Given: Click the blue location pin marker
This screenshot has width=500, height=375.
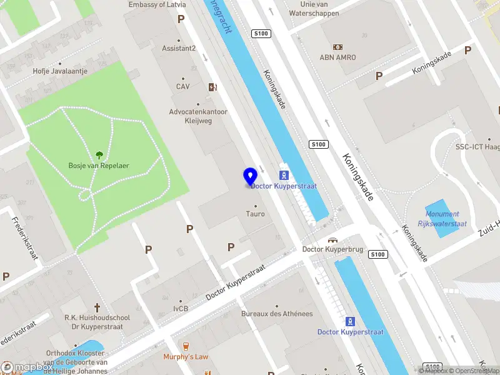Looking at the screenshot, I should [x=250, y=177].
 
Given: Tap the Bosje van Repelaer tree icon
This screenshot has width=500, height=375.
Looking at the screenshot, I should [x=99, y=155].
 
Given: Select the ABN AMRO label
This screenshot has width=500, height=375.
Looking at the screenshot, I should [x=338, y=57].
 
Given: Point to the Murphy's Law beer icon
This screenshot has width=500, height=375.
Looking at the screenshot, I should [x=185, y=346].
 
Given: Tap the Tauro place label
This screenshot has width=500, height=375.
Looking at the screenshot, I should [x=255, y=214].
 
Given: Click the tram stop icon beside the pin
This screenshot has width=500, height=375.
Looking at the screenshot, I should [x=283, y=175].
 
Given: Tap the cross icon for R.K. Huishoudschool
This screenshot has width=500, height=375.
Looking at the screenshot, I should [x=97, y=307].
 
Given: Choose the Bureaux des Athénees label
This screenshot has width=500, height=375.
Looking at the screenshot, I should [x=277, y=313].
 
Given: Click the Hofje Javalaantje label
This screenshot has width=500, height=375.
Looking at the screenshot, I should [x=60, y=71].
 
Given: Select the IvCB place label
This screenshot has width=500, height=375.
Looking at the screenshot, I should [x=181, y=308].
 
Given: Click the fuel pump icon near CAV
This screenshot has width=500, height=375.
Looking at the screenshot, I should [x=212, y=87].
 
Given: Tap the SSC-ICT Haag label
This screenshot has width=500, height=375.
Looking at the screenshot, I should [x=477, y=147].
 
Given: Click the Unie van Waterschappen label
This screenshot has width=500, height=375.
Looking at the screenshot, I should [x=315, y=9].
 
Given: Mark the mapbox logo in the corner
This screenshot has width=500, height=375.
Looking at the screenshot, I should [x=25, y=367].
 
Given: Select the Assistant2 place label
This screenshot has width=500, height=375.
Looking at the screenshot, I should [x=179, y=48].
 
